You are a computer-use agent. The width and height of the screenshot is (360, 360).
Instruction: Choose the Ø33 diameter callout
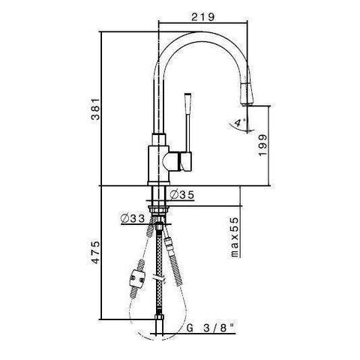tap(132, 219)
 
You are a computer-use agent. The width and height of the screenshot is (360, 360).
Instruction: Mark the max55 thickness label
tap(233, 237)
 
